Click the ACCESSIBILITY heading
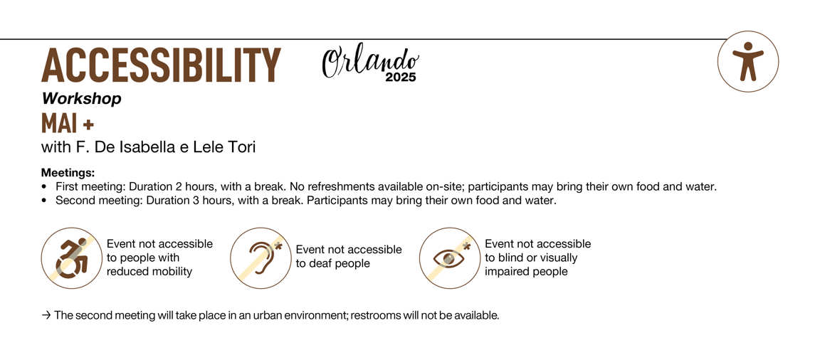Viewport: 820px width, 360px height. (161, 65)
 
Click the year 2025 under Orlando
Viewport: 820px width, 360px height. (401, 78)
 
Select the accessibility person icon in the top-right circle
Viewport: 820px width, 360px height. (748, 61)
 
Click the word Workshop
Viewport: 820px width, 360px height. (82, 98)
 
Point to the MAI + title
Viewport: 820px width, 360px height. (68, 124)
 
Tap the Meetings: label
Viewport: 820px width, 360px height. (68, 172)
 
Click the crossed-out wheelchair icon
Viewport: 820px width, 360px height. (72, 258)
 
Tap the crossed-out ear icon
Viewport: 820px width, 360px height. (261, 258)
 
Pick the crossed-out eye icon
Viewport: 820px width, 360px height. (450, 258)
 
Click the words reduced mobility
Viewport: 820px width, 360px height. (149, 272)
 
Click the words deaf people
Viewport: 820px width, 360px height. (332, 263)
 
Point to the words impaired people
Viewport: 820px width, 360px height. (526, 272)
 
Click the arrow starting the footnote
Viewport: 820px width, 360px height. (46, 316)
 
